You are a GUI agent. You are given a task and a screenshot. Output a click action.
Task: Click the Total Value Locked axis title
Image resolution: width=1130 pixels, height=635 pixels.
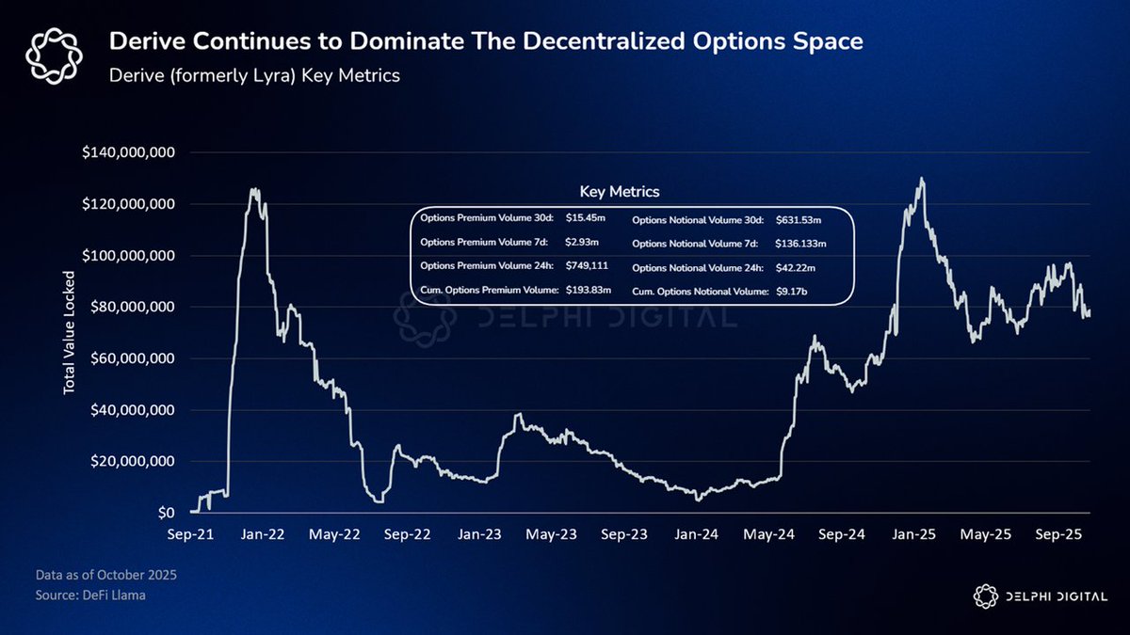[x=69, y=335]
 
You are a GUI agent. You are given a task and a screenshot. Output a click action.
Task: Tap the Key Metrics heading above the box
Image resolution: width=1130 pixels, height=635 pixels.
[x=619, y=191]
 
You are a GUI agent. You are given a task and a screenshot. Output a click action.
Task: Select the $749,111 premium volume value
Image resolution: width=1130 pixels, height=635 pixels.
[x=588, y=265]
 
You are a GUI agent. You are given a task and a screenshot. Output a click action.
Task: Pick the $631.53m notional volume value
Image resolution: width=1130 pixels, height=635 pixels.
[x=799, y=220]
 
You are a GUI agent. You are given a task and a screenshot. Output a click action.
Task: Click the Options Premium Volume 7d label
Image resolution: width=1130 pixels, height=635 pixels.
[x=478, y=242]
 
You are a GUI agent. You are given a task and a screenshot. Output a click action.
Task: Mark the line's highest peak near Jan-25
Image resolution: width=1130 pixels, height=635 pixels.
[x=921, y=179]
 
